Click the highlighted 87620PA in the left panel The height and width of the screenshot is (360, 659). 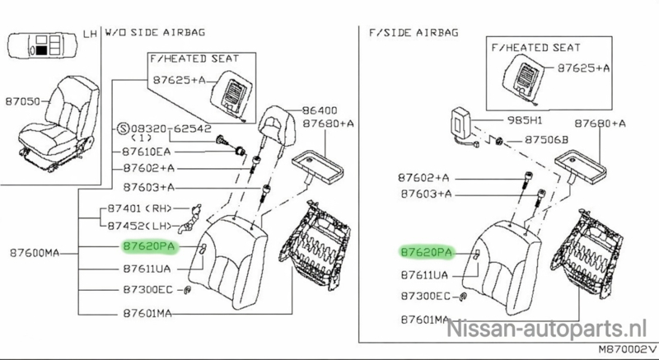point(150,246)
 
